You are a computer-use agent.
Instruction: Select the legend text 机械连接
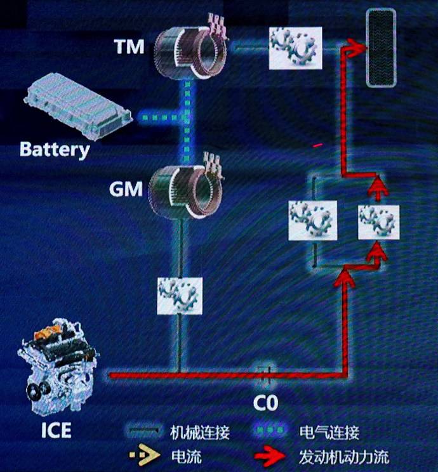click(200, 433)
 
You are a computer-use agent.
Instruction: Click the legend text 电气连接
click(329, 433)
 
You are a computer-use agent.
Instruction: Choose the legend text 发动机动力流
click(343, 456)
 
